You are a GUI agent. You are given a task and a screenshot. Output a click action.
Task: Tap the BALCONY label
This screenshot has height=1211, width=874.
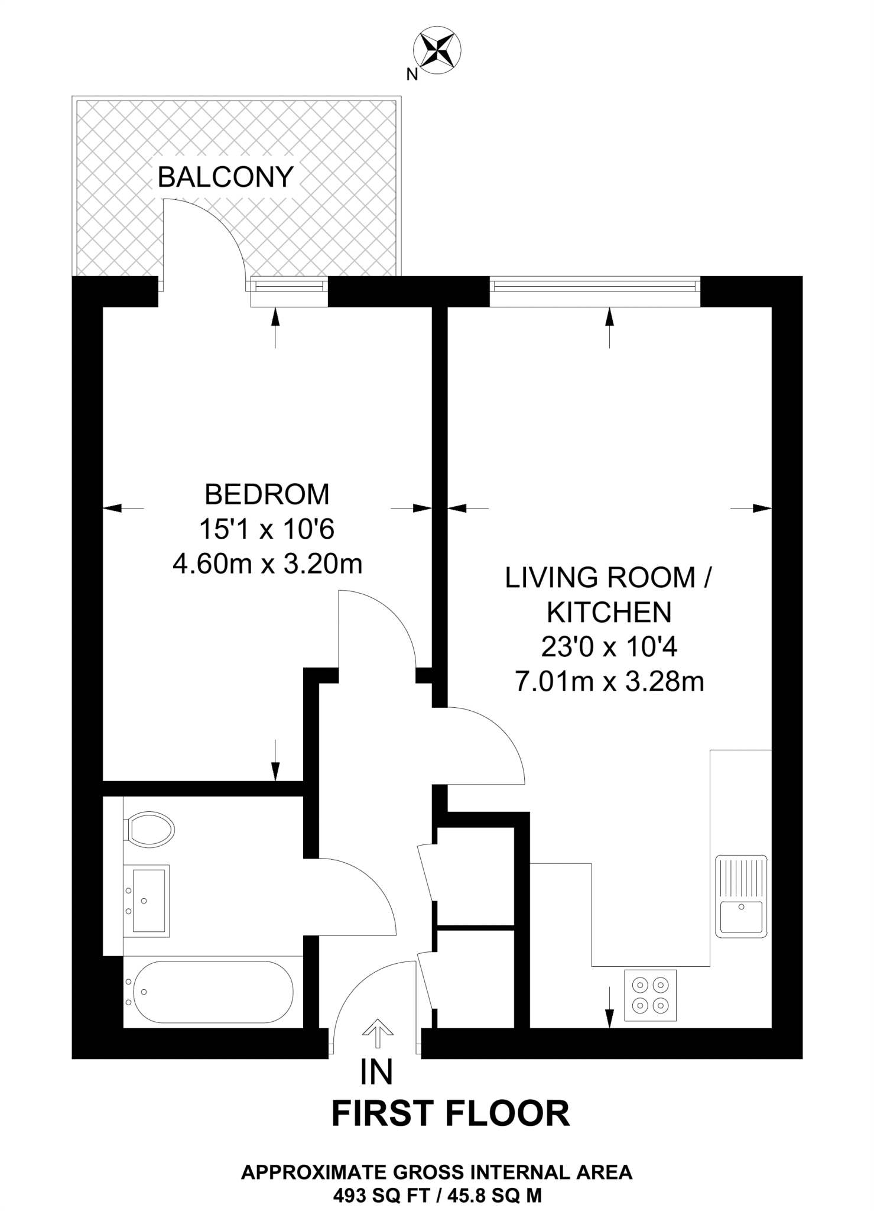click(x=225, y=177)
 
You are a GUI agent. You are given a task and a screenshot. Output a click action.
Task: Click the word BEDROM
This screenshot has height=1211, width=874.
click(x=267, y=494)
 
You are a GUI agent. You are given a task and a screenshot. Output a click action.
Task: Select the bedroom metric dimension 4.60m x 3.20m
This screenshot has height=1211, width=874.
click(x=267, y=564)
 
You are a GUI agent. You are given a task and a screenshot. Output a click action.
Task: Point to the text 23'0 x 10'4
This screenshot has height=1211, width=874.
click(x=609, y=647)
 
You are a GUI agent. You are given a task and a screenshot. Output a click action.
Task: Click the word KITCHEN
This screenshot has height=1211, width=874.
click(x=609, y=613)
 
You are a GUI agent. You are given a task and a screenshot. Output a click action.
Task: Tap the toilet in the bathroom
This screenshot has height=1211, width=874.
click(x=149, y=829)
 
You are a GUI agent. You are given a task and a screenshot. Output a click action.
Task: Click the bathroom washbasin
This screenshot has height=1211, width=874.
click(x=147, y=901)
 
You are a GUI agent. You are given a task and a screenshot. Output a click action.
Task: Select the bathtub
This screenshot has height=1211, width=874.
click(x=213, y=992)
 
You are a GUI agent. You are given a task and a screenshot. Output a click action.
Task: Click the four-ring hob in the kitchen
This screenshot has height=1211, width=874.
click(x=650, y=995)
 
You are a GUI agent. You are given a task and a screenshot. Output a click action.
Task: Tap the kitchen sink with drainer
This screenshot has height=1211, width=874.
click(x=741, y=896)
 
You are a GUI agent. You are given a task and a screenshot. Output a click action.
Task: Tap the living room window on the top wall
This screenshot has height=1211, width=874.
click(x=594, y=287)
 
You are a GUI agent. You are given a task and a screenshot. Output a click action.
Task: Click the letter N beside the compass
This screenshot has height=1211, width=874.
click(x=412, y=74)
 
